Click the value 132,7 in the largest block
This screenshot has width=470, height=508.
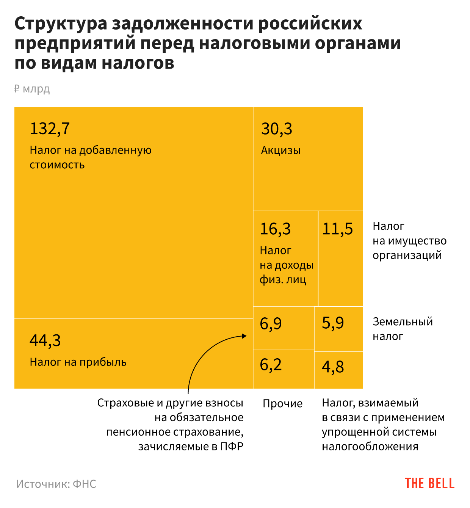tap(50, 129)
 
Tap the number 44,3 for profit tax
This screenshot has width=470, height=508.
tap(45, 340)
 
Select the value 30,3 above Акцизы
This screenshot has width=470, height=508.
tap(276, 129)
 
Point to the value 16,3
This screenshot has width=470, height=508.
tap(275, 229)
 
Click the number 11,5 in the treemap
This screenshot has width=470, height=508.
tap(337, 229)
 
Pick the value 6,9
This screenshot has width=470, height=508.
tap(271, 324)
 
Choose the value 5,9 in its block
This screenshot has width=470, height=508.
tap(333, 323)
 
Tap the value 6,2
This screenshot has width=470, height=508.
tap(271, 365)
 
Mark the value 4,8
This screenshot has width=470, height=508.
tap(333, 367)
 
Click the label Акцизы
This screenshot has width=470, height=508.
tap(280, 151)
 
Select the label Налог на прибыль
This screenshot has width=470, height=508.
tap(78, 362)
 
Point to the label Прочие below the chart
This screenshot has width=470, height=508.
tap(282, 403)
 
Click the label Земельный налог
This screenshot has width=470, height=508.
tap(403, 329)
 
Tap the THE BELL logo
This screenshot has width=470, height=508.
tap(429, 483)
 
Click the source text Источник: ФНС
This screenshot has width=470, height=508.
tap(56, 484)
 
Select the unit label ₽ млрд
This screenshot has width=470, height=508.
tap(32, 89)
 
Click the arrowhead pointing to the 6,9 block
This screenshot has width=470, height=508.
tap(244, 336)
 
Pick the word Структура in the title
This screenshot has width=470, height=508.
tap(61, 24)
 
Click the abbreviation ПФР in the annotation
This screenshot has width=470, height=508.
tap(232, 446)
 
